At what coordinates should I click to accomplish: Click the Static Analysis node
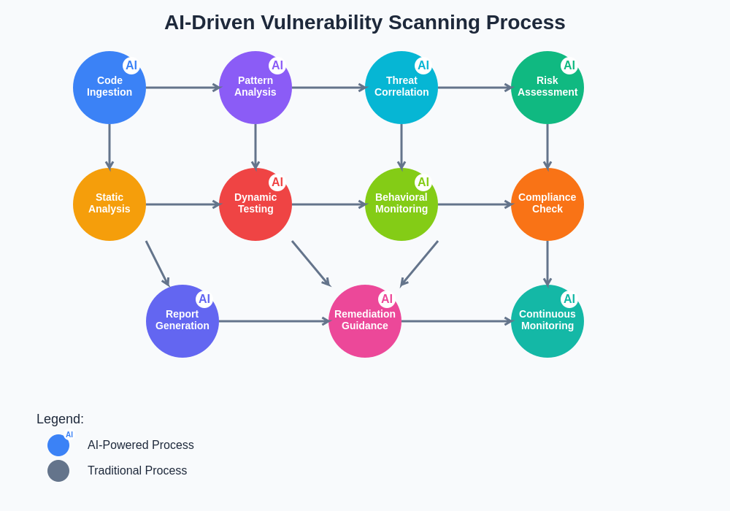[x=109, y=204]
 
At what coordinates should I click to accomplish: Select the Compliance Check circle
[x=547, y=204]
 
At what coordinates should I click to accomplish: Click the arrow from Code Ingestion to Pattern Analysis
[x=182, y=88]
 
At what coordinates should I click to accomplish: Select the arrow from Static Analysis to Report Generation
[x=158, y=264]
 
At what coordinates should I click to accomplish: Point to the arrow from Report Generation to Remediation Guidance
[x=274, y=321]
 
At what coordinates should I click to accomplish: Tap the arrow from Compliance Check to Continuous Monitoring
[x=547, y=263]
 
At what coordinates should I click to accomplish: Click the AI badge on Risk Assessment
[x=569, y=66]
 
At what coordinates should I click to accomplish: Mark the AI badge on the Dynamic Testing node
[x=277, y=182]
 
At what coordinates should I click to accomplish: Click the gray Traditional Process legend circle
[x=58, y=471]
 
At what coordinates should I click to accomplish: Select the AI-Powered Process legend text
[x=141, y=445]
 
